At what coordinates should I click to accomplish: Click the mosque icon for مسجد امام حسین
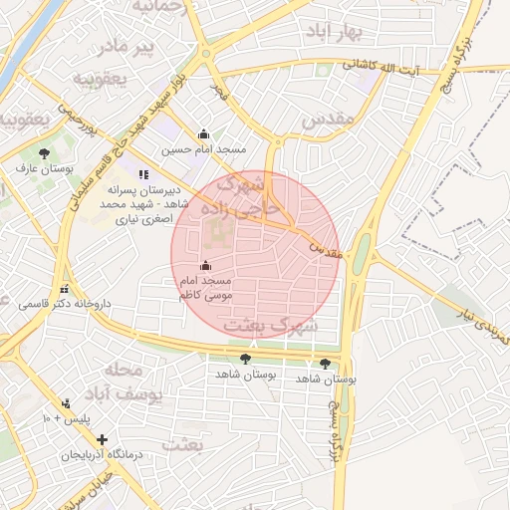[x=204, y=134]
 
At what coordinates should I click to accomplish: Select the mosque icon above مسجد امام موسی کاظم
[x=206, y=266]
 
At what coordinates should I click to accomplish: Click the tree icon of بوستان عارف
[x=44, y=152]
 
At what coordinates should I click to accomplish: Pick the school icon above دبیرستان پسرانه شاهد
[x=143, y=175]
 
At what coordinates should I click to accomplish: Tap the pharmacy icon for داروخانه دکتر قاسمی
[x=65, y=290]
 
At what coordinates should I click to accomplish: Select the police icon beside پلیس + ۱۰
[x=66, y=403]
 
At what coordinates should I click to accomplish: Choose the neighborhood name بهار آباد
[x=341, y=33]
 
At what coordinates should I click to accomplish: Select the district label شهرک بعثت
[x=271, y=326]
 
